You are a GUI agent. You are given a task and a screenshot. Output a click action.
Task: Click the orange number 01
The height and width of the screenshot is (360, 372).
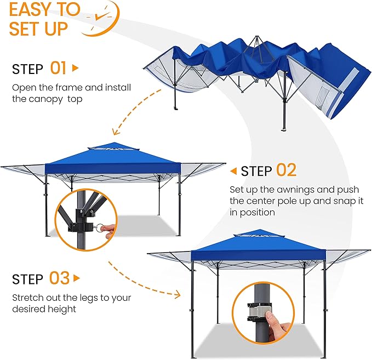(x=59, y=68)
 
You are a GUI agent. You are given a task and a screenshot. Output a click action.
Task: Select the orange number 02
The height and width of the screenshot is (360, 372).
(x=286, y=170)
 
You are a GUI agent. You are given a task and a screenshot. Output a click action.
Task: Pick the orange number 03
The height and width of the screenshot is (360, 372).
(x=59, y=278)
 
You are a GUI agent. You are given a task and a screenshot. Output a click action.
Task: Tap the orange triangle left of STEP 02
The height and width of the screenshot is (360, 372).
(x=233, y=172)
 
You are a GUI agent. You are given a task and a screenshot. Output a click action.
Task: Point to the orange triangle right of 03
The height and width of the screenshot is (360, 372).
(x=76, y=278)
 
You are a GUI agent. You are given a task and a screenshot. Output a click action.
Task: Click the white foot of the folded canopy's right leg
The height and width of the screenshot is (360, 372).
(x=284, y=130)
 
